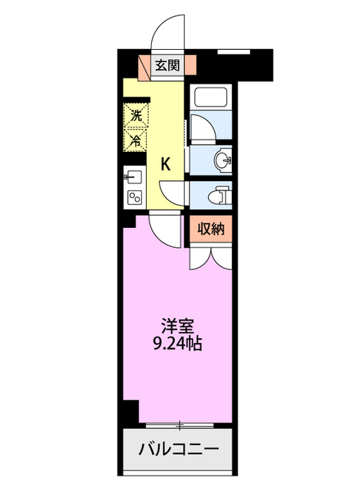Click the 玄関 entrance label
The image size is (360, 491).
[x=167, y=65]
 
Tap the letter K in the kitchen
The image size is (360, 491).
[x=166, y=163]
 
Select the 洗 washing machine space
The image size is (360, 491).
[x=136, y=117]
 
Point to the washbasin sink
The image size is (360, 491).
[x=223, y=161]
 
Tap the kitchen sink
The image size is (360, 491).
[x=131, y=178]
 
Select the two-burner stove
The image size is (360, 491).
[x=134, y=197]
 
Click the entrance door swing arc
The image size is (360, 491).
[x=167, y=31]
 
